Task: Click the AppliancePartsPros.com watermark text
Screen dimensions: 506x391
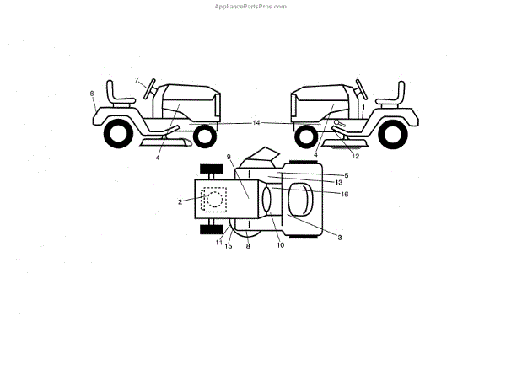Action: pos(252,6)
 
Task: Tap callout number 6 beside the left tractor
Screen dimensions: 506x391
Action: pos(92,94)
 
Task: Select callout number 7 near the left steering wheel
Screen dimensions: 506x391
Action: pos(137,79)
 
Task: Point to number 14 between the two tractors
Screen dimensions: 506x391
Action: pos(256,123)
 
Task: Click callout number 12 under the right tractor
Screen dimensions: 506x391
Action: pos(355,156)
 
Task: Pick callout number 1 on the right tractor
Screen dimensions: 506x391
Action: pos(363,107)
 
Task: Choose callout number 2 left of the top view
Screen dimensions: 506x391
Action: pos(180,201)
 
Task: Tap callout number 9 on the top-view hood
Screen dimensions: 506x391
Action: pos(229,158)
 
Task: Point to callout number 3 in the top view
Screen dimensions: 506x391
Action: pos(340,238)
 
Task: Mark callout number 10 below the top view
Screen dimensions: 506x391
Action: pos(280,246)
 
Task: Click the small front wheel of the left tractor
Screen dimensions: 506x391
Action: pos(204,135)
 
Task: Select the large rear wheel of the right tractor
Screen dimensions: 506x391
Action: pos(393,134)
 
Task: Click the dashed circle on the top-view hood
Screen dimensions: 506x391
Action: pos(214,200)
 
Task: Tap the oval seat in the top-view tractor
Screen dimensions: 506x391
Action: pos(299,201)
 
